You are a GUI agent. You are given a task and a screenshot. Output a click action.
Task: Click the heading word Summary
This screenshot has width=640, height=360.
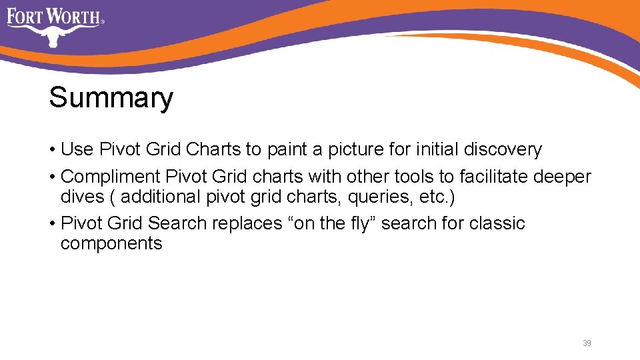click(111, 98)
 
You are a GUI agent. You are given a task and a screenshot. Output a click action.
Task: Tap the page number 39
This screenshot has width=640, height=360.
click(587, 343)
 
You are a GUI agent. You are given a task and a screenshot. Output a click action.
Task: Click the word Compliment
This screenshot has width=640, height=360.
click(110, 177)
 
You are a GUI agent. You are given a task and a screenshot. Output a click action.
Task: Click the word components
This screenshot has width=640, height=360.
click(111, 243)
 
